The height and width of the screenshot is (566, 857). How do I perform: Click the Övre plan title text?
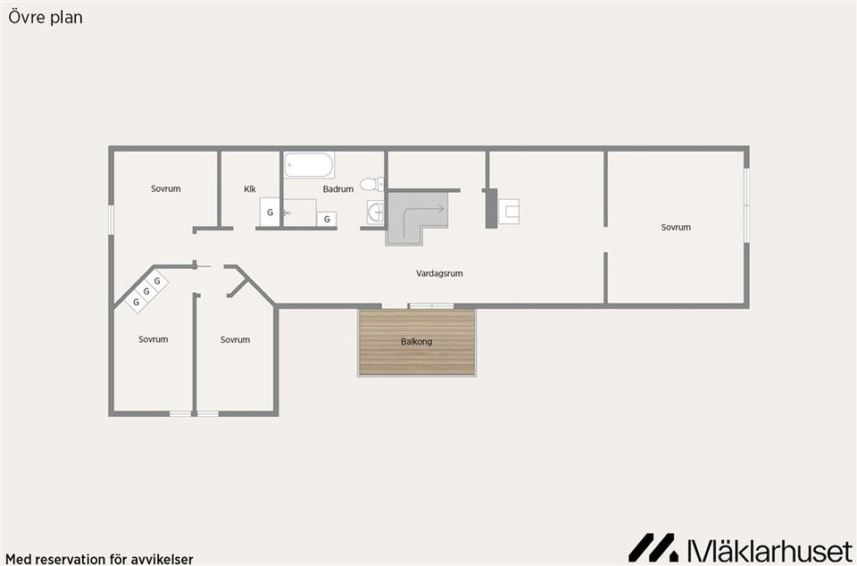(46, 18)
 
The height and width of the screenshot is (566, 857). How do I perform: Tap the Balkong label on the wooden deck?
(417, 342)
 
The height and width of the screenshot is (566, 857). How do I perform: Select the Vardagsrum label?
(439, 274)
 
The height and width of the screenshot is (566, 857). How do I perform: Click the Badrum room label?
(337, 189)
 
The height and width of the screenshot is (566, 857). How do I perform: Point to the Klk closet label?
(250, 189)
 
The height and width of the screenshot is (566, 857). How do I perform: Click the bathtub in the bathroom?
(309, 165)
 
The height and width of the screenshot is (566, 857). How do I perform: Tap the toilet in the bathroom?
(371, 184)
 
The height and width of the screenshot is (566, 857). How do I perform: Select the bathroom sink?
(376, 212)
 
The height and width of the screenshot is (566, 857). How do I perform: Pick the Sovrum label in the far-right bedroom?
(676, 228)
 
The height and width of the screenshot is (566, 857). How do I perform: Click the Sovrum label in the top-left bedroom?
(166, 189)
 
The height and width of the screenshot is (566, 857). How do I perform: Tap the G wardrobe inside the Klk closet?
(270, 212)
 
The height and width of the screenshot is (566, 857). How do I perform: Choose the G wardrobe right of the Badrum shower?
(327, 219)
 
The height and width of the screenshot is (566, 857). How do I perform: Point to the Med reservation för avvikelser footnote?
(99, 560)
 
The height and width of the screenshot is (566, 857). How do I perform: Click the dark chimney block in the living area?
(491, 208)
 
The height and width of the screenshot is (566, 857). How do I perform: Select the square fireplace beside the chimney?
(509, 212)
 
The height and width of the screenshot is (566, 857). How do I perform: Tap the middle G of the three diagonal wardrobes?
(146, 291)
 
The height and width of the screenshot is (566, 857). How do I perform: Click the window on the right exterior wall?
(746, 204)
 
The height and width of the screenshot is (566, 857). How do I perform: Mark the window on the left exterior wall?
(111, 220)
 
